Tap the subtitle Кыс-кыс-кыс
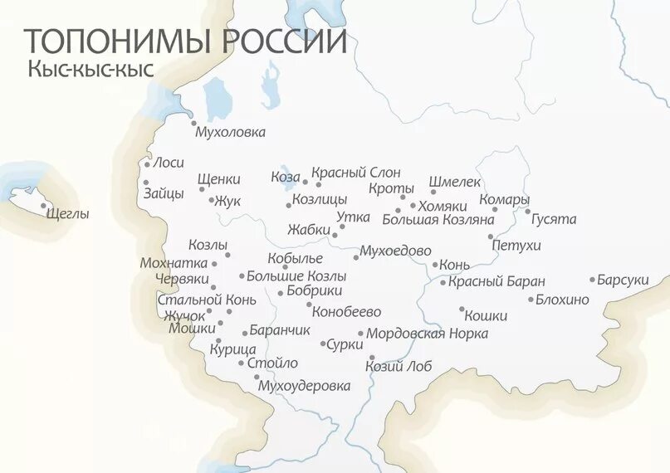(x=90, y=70)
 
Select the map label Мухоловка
(x=229, y=132)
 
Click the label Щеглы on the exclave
(x=68, y=214)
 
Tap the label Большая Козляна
(x=427, y=220)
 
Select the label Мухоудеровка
(x=304, y=386)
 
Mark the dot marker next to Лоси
(x=148, y=164)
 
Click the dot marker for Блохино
(x=531, y=300)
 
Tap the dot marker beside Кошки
(x=462, y=310)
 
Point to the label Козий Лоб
(x=399, y=365)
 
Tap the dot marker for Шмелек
(x=433, y=193)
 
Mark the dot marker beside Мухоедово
(x=355, y=258)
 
